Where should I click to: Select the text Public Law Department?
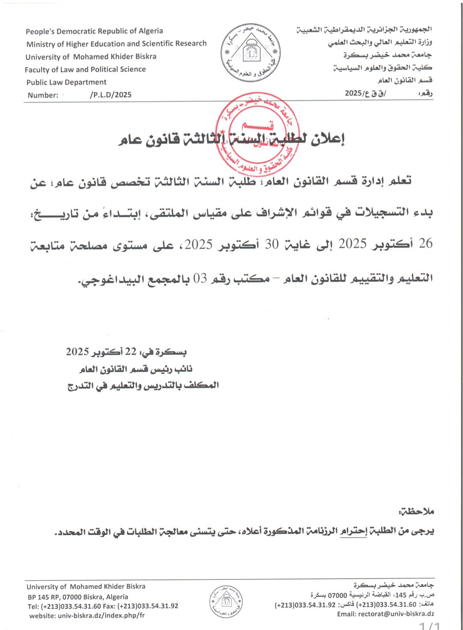tap(66, 82)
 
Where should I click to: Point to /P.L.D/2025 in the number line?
tap(111, 95)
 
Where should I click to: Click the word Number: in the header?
tap(43, 95)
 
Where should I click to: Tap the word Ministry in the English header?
tap(41, 44)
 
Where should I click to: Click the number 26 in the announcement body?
tap(425, 244)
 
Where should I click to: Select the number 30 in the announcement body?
tap(271, 244)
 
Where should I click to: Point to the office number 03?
tap(200, 279)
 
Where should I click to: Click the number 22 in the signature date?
tap(130, 352)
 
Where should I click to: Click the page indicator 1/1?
tap(430, 626)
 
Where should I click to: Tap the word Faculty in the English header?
tap(37, 69)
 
